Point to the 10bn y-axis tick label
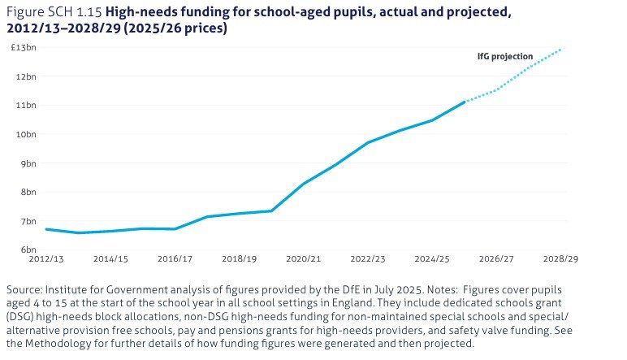pos(26,134)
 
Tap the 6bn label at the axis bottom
pos(28,249)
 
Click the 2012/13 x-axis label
pos(45,258)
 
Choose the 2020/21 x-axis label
pos(304,258)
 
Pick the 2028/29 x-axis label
pos(560,258)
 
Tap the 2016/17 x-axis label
pos(175,258)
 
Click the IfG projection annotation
pos(504,57)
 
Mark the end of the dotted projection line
pos(560,50)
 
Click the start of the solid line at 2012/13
pos(45,229)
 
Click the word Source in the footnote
pos(24,290)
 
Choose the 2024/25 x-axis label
pos(432,258)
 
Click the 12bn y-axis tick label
pos(26,76)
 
